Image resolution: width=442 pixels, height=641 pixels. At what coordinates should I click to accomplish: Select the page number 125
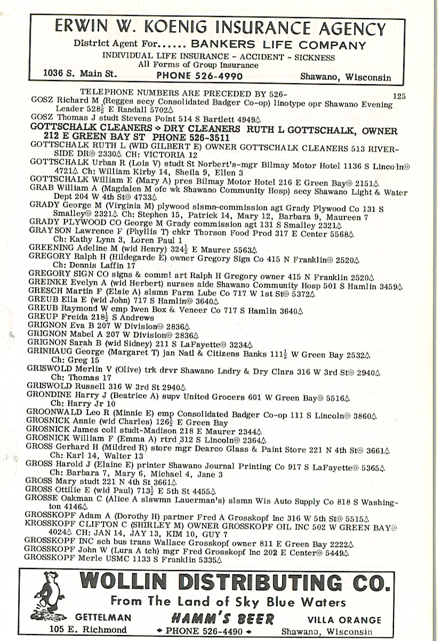(399, 96)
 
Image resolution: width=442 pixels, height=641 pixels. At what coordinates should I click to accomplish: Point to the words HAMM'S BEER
(222, 618)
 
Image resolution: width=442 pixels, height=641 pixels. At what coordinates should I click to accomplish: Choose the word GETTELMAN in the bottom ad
(103, 618)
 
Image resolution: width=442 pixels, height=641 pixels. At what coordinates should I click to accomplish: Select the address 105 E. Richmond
(88, 630)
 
